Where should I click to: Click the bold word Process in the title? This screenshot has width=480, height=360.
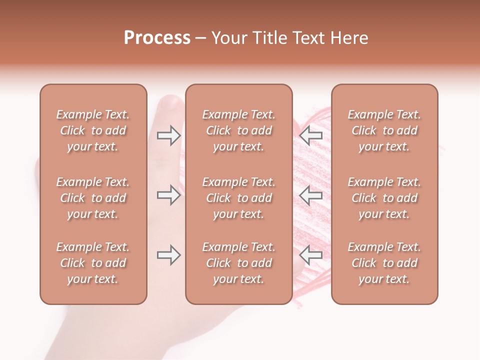(157, 38)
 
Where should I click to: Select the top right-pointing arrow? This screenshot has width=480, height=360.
(168, 135)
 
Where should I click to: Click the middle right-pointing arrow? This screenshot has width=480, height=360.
(168, 195)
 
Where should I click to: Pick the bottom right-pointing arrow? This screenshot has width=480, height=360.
(168, 255)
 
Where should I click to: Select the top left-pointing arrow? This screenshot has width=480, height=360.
(310, 135)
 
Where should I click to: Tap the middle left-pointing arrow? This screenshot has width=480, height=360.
(310, 195)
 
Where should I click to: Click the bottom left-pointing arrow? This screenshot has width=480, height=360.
(310, 255)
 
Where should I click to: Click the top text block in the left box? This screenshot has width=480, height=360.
(93, 130)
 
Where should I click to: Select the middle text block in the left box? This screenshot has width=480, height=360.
(93, 198)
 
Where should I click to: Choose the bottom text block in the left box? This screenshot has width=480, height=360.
(93, 263)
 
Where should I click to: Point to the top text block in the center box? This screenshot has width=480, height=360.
(238, 130)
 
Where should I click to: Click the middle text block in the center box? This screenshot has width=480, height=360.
(238, 198)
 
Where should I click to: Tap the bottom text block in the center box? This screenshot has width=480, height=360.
(238, 263)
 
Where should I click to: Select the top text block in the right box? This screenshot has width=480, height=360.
(384, 130)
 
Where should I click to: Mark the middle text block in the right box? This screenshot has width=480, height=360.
(384, 198)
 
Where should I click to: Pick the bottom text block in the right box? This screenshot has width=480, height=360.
(384, 263)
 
